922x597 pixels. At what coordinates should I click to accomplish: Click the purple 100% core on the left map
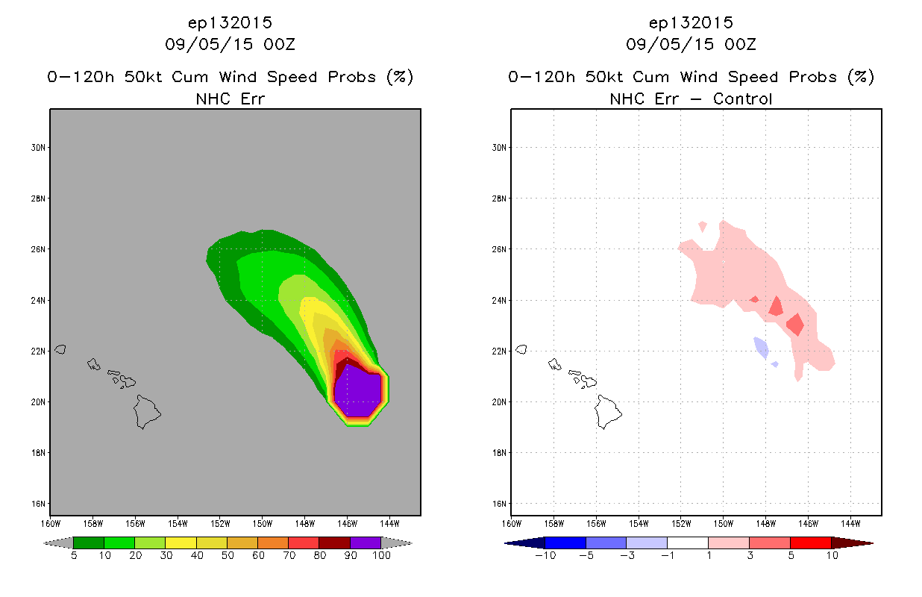point(358,391)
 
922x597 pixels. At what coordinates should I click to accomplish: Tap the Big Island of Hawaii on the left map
point(147,412)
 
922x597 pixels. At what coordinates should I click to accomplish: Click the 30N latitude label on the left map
point(38,148)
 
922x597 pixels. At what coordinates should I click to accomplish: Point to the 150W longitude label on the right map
point(723,524)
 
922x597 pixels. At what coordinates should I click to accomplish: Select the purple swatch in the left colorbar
point(366,543)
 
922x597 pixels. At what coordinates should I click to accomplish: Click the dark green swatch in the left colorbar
point(89,543)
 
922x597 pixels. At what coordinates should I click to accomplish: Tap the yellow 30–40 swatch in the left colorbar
point(181,543)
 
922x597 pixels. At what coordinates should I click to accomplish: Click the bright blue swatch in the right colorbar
point(565,543)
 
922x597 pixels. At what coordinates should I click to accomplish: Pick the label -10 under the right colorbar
point(545,555)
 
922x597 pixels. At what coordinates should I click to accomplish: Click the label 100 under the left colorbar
point(381,555)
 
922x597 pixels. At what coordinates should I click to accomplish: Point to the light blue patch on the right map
point(762,348)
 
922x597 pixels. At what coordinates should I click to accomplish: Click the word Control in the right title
point(742,99)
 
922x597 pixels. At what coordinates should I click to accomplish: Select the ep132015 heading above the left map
point(230,23)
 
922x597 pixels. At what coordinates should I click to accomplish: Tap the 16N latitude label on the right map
point(499,504)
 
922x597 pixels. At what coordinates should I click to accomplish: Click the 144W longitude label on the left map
point(389,524)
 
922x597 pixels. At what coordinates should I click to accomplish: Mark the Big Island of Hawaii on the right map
point(608,412)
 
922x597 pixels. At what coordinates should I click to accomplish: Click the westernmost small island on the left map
point(60,349)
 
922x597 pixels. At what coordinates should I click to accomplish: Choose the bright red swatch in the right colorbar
point(810,543)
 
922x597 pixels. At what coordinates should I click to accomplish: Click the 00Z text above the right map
point(740,44)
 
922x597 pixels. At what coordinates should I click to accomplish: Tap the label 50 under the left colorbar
point(228,555)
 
